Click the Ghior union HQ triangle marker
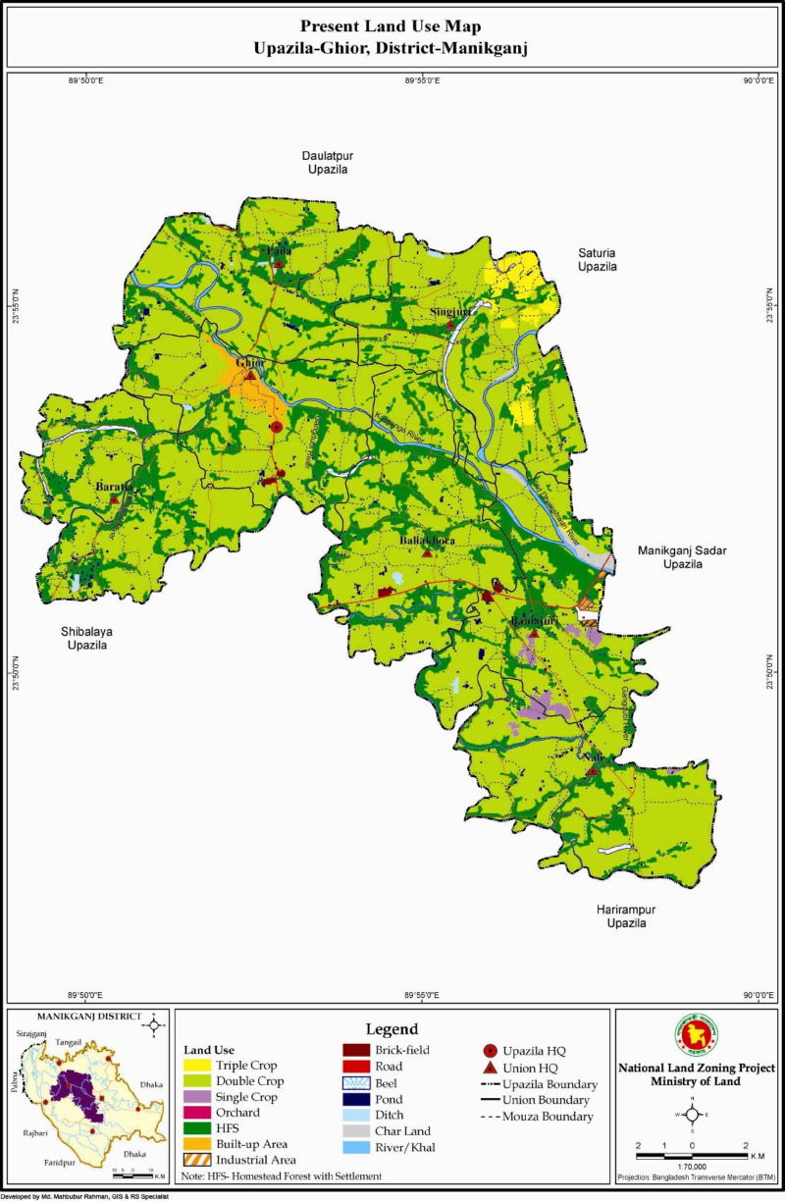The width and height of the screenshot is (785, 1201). pyautogui.click(x=251, y=375)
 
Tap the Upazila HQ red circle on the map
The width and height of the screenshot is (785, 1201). pyautogui.click(x=277, y=427)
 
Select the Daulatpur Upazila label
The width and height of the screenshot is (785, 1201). pyautogui.click(x=325, y=162)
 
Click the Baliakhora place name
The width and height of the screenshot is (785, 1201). pyautogui.click(x=427, y=541)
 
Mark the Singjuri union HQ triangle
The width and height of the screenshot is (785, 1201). pyautogui.click(x=450, y=324)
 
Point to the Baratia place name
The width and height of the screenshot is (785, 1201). pyautogui.click(x=114, y=487)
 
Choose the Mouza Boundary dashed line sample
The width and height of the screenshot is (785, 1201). pyautogui.click(x=497, y=1117)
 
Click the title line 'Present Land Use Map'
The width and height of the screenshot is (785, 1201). pyautogui.click(x=391, y=26)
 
